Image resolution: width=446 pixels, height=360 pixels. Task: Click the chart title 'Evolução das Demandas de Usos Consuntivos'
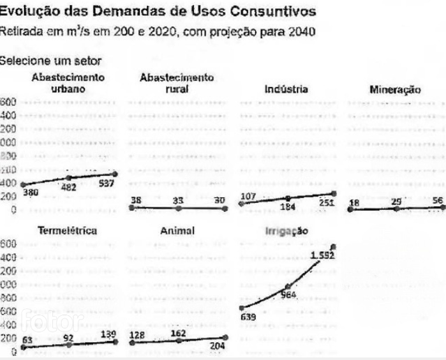tap(158, 11)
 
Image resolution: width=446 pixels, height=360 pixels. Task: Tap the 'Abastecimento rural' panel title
tap(176, 84)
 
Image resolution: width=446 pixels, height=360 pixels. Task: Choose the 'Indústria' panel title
tap(286, 89)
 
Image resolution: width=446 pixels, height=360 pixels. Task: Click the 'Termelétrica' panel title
tap(68, 230)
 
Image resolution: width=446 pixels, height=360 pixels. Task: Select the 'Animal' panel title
tap(177, 230)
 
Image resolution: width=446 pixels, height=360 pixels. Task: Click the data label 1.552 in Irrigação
tap(322, 255)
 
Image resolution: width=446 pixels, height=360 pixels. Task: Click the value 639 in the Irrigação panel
tap(248, 317)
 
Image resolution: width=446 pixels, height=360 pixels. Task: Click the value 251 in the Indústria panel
tap(327, 204)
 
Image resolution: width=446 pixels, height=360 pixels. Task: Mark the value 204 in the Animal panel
tap(217, 347)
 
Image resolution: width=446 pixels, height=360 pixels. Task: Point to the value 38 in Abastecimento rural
tap(136, 200)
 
